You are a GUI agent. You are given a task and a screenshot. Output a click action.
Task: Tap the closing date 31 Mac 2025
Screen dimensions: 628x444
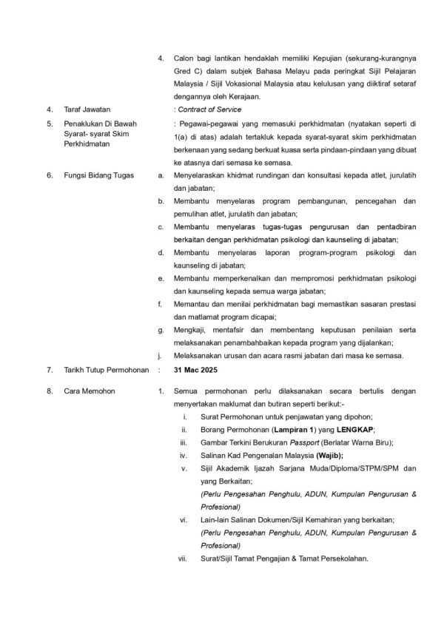point(195,368)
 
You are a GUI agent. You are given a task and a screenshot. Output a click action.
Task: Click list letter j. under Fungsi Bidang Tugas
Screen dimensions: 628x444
point(161,355)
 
